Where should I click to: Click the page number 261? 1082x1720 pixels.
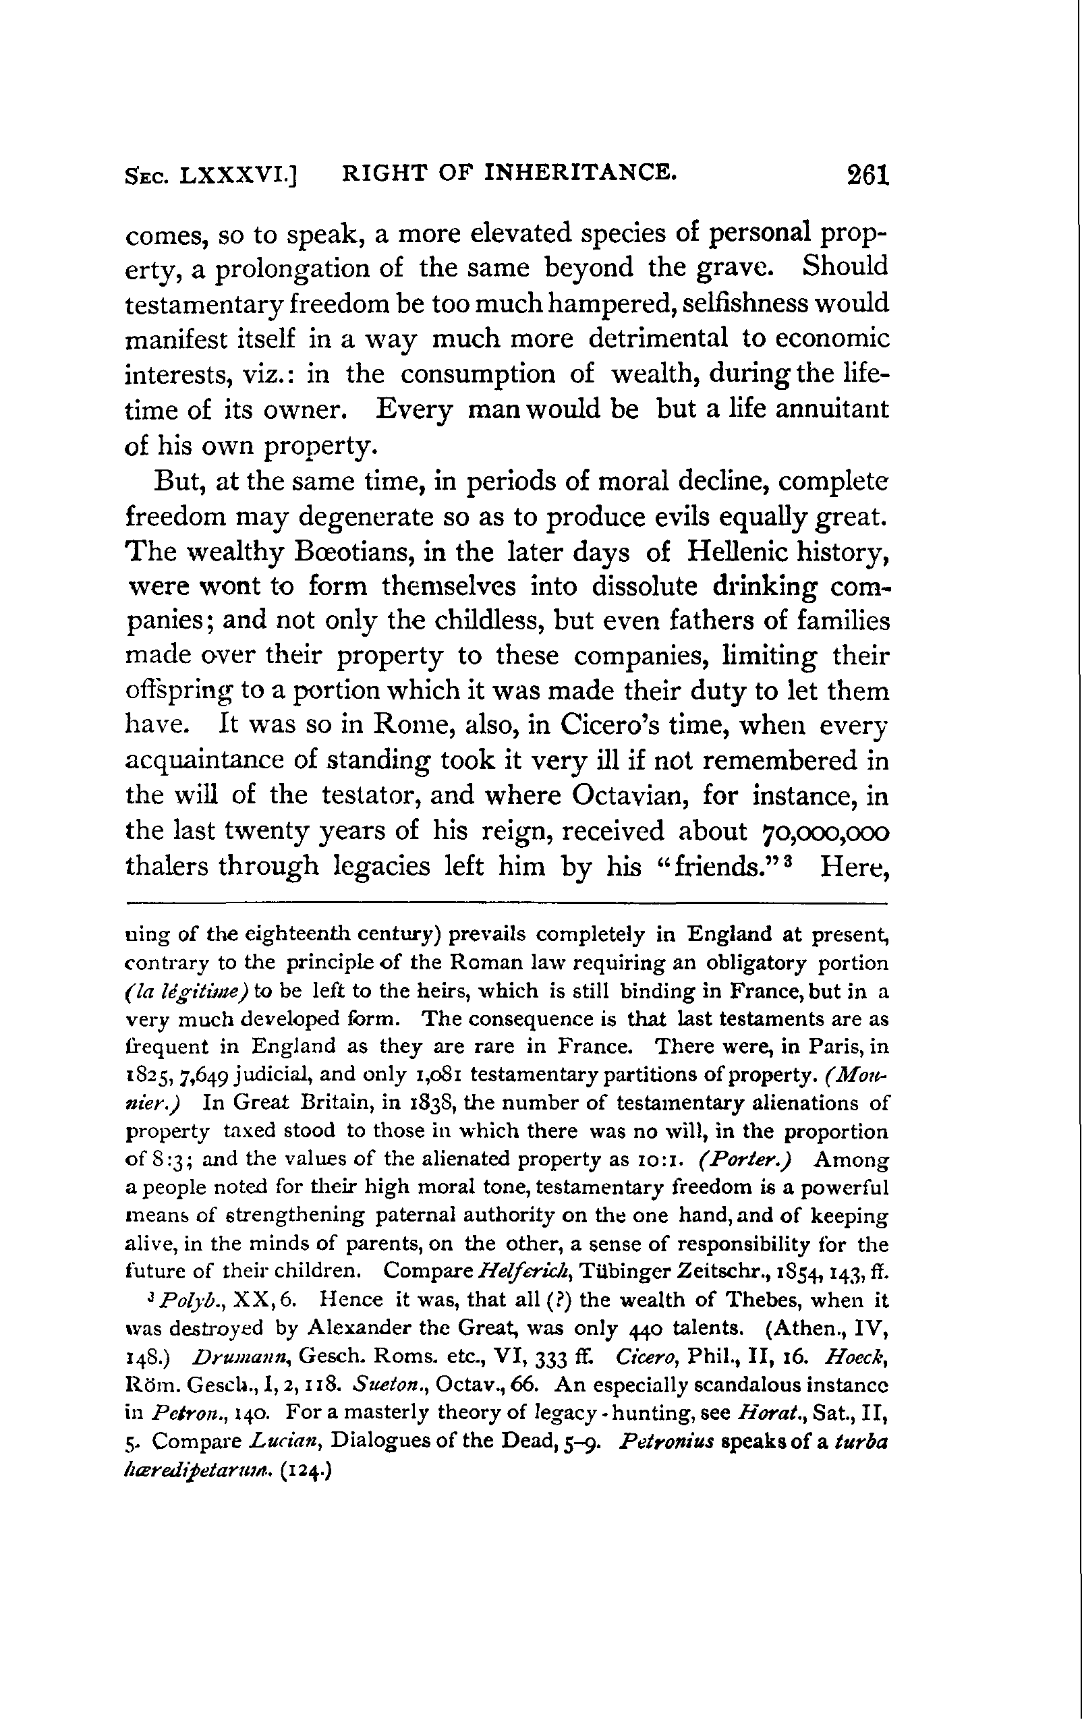[866, 175]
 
